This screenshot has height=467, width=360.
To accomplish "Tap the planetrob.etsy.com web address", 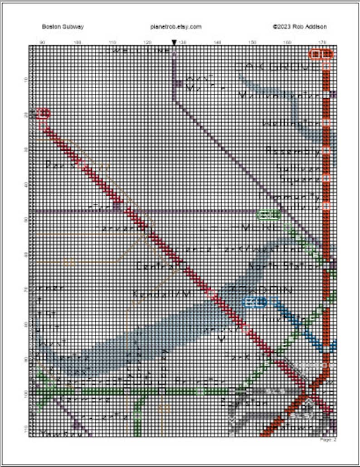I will click(x=175, y=27).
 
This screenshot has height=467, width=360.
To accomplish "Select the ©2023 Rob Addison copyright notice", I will click(x=299, y=27).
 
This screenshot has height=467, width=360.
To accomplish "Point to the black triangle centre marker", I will click(x=174, y=43).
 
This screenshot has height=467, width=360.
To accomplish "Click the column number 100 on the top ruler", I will click(x=78, y=43).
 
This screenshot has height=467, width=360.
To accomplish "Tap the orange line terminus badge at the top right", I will click(x=321, y=54).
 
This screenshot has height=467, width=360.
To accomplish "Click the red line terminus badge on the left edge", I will click(x=43, y=113).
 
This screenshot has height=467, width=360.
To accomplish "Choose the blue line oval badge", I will click(x=254, y=302).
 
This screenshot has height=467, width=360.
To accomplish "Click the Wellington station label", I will click(x=291, y=123).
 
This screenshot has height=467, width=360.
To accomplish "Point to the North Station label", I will click(x=284, y=266).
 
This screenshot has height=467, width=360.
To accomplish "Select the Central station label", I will click(x=155, y=267).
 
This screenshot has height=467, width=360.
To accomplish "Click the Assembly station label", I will click(x=292, y=151).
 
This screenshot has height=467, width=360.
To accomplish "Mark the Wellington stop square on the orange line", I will click(x=326, y=122).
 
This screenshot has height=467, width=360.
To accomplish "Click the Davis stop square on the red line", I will click(x=81, y=164).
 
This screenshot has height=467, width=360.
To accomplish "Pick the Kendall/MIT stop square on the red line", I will click(x=211, y=294).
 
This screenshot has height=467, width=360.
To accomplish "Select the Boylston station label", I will click(x=243, y=402).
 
